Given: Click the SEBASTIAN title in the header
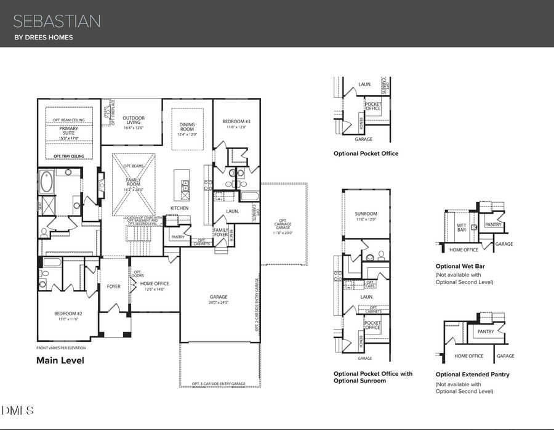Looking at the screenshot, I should (x=57, y=21).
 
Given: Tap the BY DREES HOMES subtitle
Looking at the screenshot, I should (x=43, y=38).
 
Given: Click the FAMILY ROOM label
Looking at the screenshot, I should (x=134, y=183).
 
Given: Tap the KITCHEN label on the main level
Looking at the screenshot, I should (x=180, y=208).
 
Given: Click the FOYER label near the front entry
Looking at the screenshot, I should (x=114, y=286).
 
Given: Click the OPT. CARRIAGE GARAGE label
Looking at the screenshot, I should (x=283, y=226).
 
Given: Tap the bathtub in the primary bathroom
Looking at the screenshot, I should (x=47, y=183).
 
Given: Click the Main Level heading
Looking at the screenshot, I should (x=60, y=360).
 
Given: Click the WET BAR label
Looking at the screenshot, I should (x=462, y=228).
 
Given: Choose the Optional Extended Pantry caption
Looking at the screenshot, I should (x=472, y=374).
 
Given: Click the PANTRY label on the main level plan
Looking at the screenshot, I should (x=178, y=237).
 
